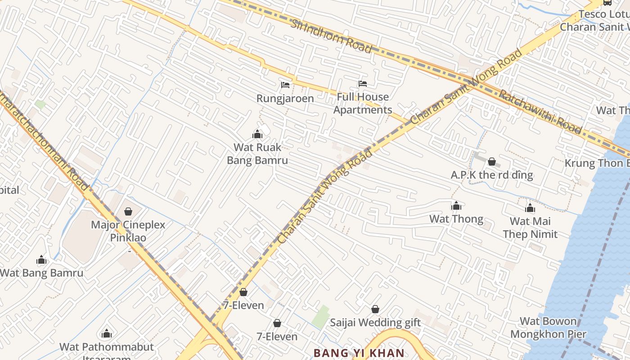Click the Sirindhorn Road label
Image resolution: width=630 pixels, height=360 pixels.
331,36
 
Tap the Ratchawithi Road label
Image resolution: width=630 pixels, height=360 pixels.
540,112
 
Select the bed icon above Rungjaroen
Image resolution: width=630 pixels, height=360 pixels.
285,85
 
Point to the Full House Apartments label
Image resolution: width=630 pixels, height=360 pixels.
363,103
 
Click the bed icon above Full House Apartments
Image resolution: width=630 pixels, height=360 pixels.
362,84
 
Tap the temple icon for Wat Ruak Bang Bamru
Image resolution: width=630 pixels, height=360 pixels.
257,134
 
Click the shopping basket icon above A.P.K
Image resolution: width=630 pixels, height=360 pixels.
492,162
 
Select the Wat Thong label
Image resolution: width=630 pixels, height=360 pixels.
456,219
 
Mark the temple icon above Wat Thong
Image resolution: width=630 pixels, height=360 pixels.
456,206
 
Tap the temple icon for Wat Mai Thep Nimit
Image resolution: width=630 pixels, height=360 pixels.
530,208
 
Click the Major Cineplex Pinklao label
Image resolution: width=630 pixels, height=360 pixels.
128,231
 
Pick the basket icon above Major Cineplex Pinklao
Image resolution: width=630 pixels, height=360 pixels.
128,211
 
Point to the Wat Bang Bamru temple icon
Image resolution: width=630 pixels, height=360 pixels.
41,260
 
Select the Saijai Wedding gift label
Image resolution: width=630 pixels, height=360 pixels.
375,323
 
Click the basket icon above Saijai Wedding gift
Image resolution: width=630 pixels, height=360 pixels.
375,310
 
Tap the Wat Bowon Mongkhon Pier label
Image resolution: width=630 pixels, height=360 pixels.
548,328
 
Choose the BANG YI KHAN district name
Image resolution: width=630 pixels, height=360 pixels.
359,353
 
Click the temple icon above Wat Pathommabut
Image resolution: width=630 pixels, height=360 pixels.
107,333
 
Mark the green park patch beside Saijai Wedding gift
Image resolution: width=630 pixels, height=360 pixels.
321,317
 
